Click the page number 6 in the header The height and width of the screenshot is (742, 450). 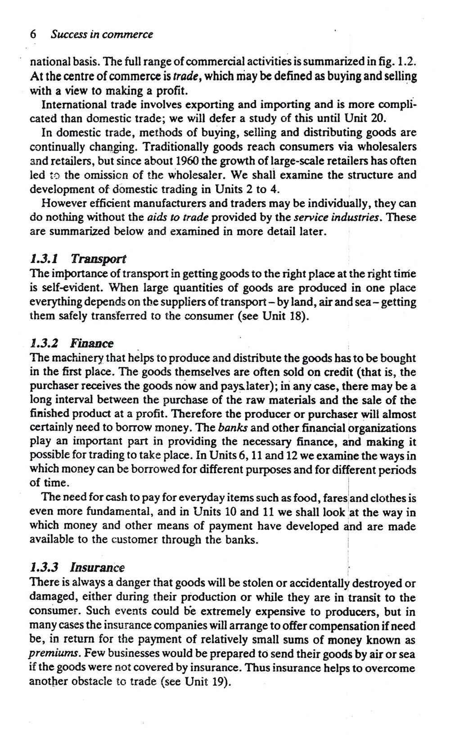(32, 34)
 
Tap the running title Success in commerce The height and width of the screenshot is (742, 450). (102, 34)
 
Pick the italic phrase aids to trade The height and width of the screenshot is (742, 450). (178, 218)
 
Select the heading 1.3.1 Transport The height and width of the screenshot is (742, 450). (78, 259)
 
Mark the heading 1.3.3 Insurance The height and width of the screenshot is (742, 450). (76, 567)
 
